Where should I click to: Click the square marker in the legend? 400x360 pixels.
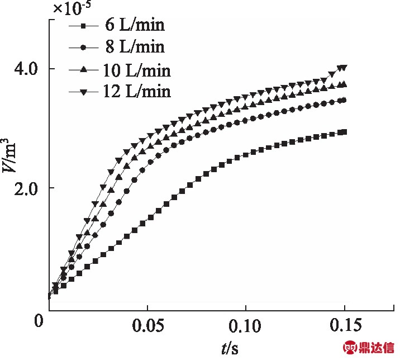click(x=83, y=26)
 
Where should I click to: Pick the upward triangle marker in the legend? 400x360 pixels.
click(x=83, y=69)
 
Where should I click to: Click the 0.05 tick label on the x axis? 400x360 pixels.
click(x=147, y=326)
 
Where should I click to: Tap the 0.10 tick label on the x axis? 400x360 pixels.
click(x=246, y=326)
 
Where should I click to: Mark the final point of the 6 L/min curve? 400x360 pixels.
click(x=344, y=132)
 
